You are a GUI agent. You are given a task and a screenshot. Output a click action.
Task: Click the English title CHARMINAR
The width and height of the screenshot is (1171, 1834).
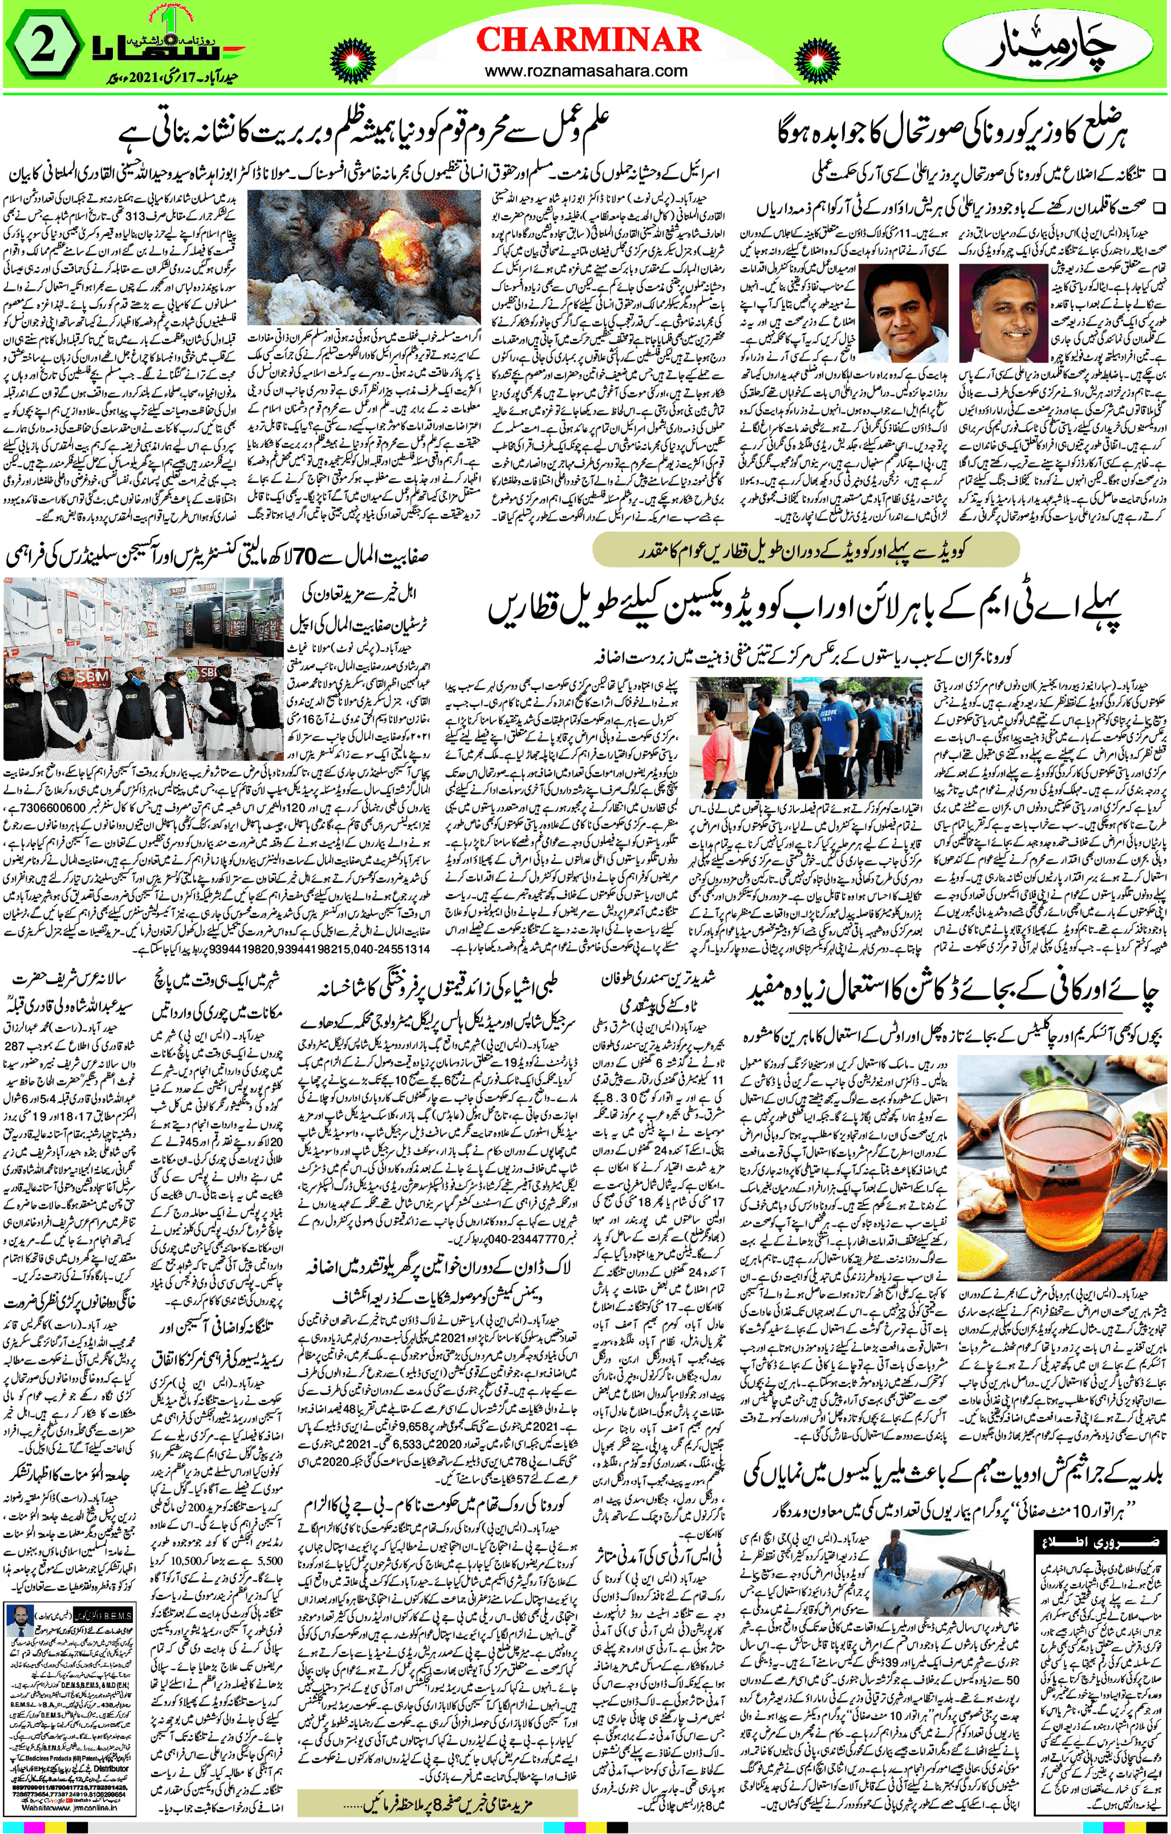tap(588, 39)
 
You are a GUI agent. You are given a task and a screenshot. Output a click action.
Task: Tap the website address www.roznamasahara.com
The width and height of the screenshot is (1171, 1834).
tap(585, 71)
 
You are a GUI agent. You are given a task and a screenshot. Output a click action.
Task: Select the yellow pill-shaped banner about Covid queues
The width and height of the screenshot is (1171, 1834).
tap(805, 549)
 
